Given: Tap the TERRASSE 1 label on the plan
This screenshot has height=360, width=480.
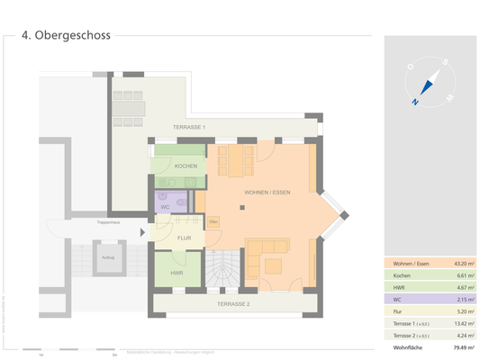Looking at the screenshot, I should pyautogui.click(x=191, y=128).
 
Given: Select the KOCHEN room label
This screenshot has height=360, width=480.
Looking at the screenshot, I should pyautogui.click(x=173, y=166).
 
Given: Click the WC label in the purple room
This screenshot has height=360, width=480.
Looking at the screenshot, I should pyautogui.click(x=165, y=207).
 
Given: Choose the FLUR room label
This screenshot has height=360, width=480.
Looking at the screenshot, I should pyautogui.click(x=184, y=238).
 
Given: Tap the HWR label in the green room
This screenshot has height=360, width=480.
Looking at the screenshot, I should pyautogui.click(x=177, y=273).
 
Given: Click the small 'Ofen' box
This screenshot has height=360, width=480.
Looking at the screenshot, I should pyautogui.click(x=214, y=221).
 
